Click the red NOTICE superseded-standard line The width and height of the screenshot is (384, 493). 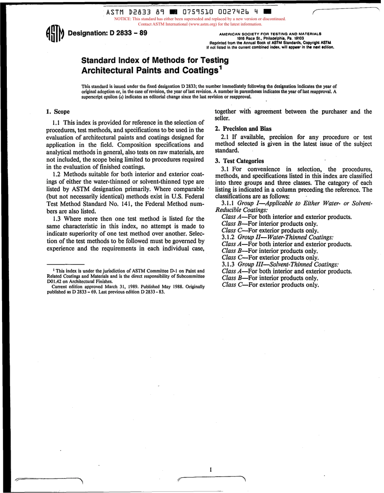[x=200, y=19]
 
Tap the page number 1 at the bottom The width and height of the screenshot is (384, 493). [x=211, y=470]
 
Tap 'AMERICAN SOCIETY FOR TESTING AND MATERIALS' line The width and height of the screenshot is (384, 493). [x=270, y=34]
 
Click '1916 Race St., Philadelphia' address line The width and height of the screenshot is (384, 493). [x=270, y=38]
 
